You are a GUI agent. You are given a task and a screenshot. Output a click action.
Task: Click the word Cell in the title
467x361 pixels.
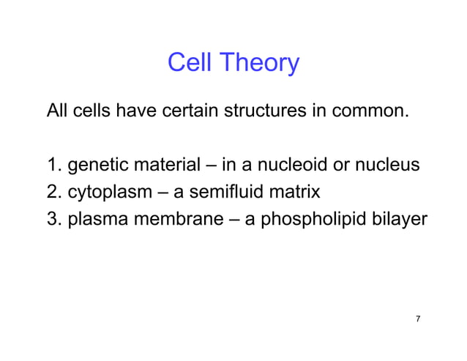click(x=189, y=63)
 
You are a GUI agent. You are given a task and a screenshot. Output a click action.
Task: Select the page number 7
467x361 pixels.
click(x=417, y=319)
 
